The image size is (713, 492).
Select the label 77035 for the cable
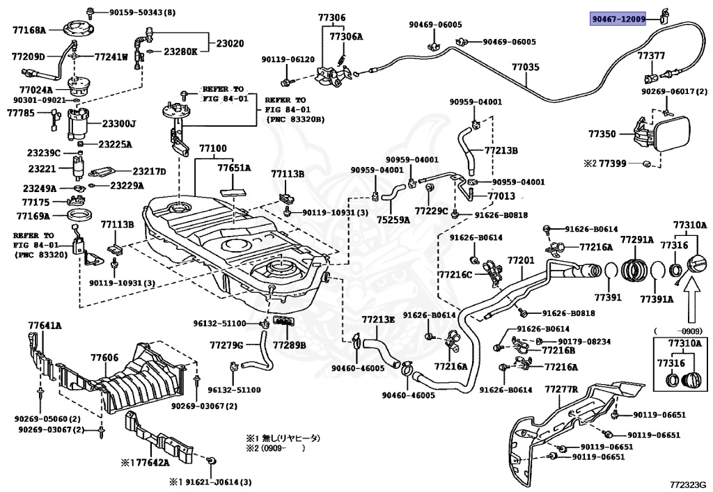point(526,68)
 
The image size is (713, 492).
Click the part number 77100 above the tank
point(212,149)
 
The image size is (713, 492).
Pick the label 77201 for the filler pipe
point(520,260)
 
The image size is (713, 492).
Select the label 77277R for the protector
point(562,388)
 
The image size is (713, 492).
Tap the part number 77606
point(104,357)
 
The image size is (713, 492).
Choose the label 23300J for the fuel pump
point(120,124)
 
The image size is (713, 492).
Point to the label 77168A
point(29,30)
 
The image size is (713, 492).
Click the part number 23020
point(230,43)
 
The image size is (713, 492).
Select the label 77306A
point(346,36)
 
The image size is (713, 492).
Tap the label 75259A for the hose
point(393,219)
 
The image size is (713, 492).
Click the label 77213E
point(378,319)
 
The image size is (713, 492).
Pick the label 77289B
point(289,344)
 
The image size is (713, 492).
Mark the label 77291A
point(637,239)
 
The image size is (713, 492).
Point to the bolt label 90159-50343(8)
point(142,13)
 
